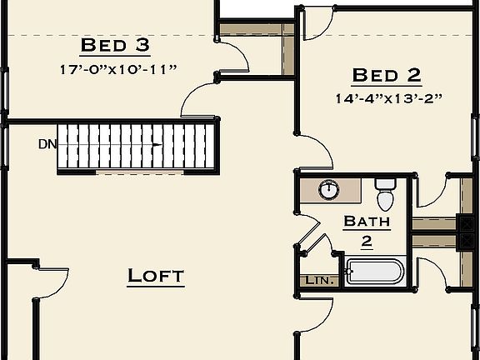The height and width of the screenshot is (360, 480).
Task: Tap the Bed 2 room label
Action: point(386,76)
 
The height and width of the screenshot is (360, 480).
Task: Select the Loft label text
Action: point(156,276)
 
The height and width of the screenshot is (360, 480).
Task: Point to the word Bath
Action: point(367,222)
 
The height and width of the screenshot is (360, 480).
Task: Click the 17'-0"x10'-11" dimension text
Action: point(117,69)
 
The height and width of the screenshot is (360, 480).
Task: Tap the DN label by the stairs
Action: point(47,144)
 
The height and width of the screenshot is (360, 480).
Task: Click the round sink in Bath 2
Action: point(329,189)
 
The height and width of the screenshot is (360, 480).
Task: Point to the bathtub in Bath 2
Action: point(375,272)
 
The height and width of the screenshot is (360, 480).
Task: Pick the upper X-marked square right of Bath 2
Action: point(464,222)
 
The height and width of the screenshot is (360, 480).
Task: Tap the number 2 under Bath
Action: point(367,242)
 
